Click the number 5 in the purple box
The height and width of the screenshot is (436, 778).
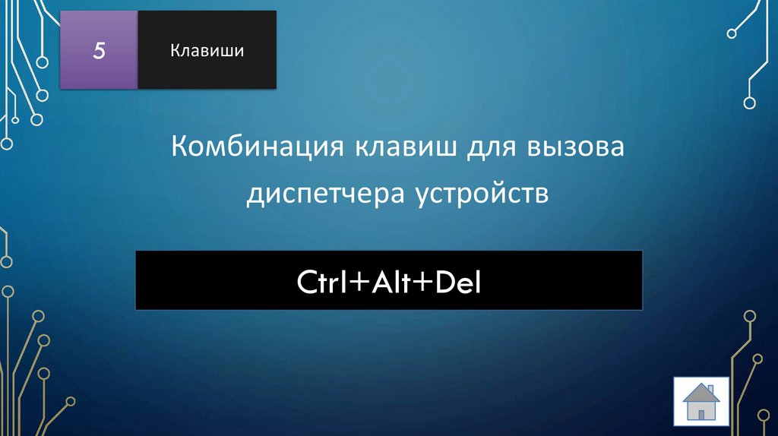[99, 51]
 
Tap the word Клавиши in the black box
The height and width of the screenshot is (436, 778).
[207, 51]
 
